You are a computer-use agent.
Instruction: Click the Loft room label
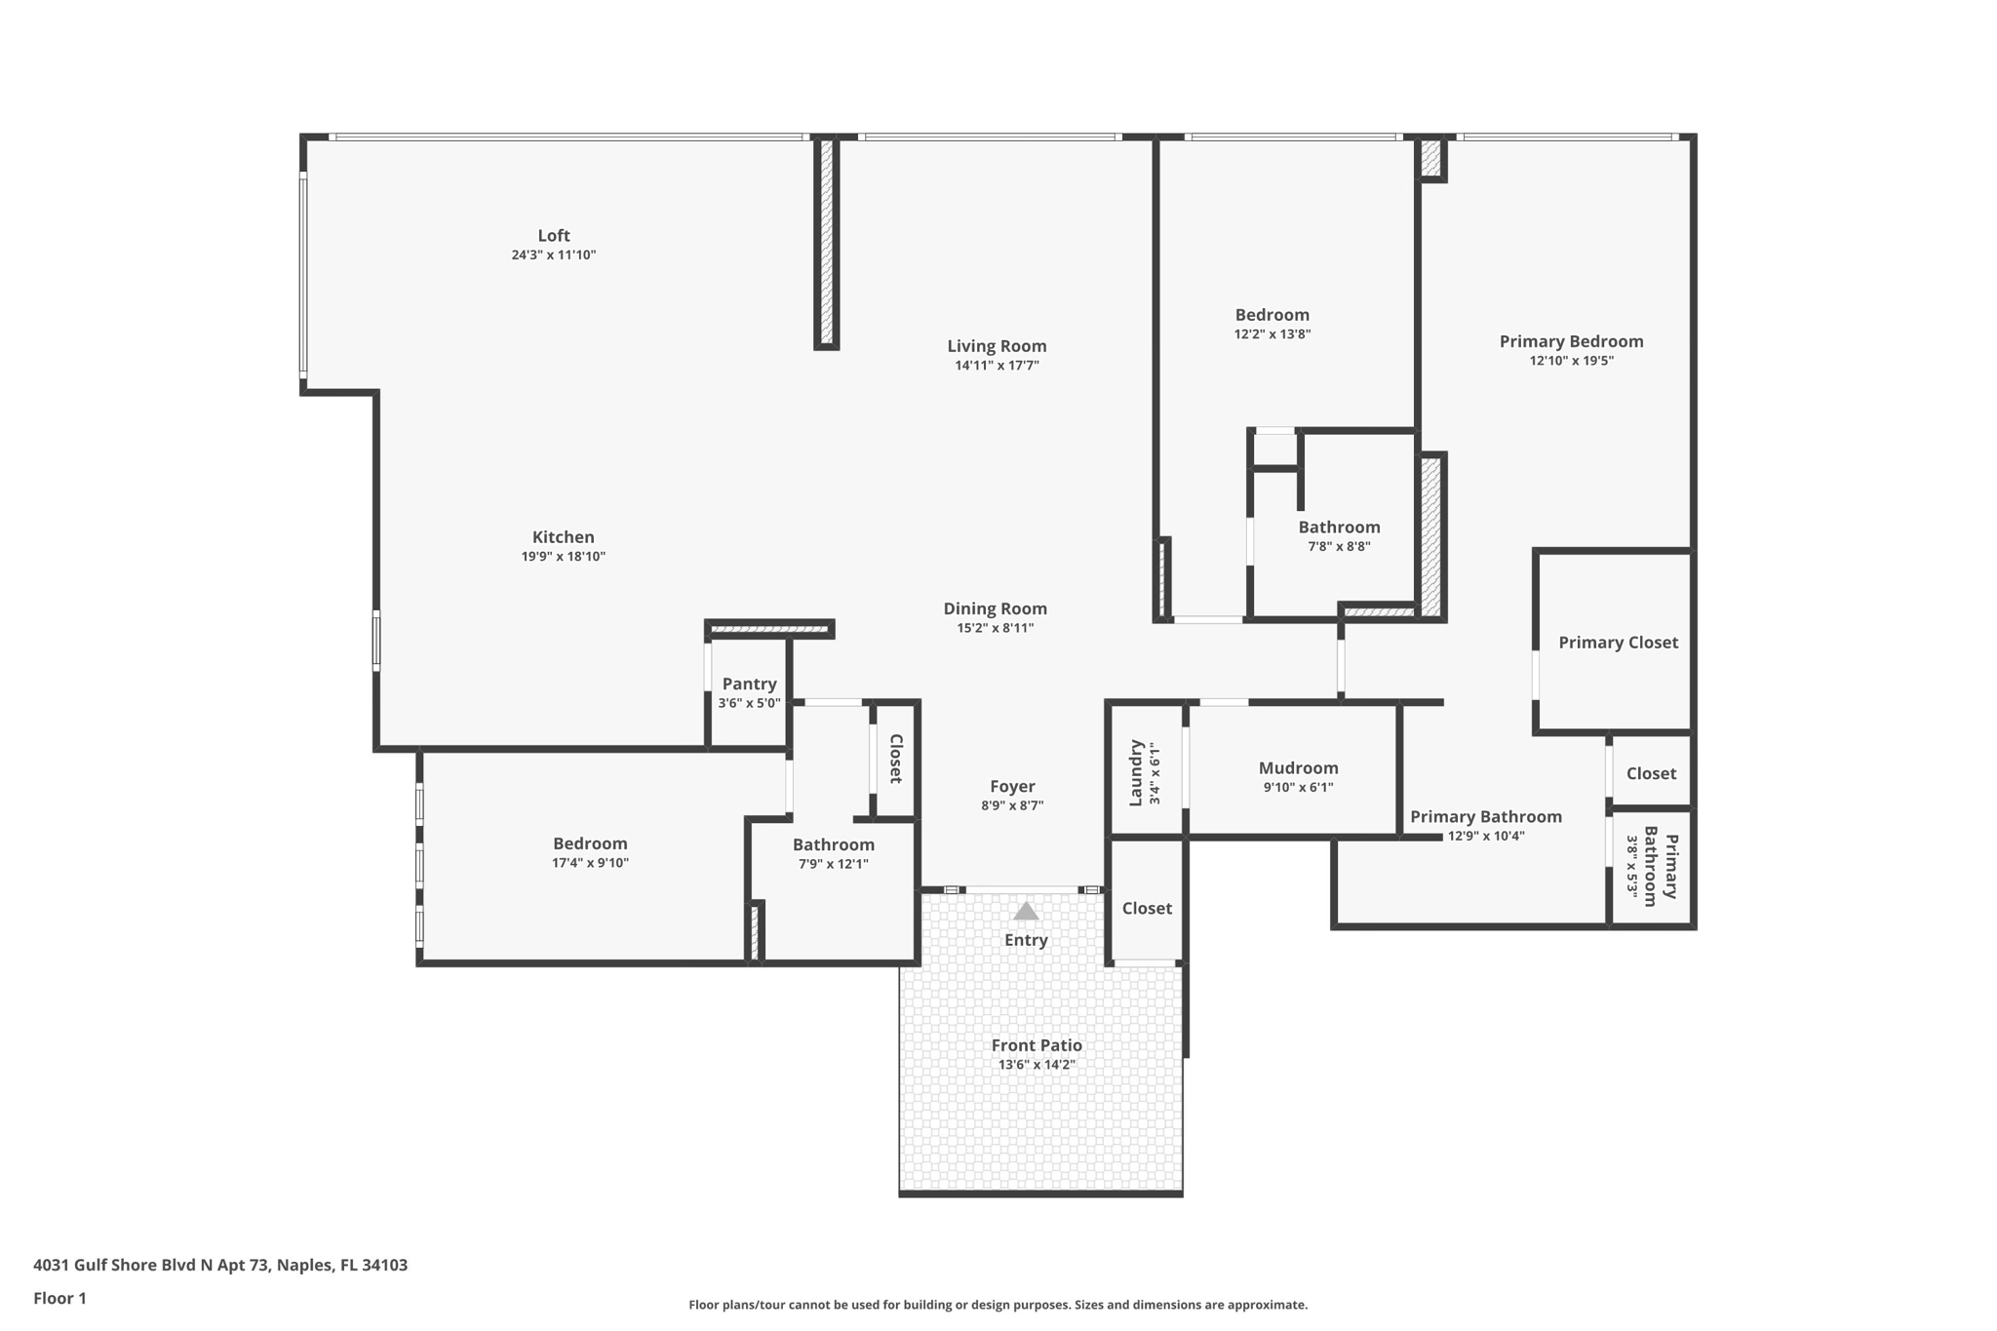(x=553, y=236)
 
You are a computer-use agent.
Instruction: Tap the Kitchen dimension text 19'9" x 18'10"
(x=563, y=557)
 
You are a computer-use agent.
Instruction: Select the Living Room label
(x=997, y=346)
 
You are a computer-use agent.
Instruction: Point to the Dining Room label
(x=995, y=608)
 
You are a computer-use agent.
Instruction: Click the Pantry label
(x=749, y=685)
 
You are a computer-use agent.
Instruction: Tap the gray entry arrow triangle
(x=1026, y=912)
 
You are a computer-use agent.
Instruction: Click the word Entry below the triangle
(x=1026, y=940)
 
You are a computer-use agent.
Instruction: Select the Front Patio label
(x=1037, y=1045)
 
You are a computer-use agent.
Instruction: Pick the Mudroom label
(x=1298, y=768)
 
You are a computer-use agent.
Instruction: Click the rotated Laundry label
(x=1136, y=773)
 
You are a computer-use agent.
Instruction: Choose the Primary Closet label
(x=1618, y=643)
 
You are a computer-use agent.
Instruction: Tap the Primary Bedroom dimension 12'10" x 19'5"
(x=1571, y=361)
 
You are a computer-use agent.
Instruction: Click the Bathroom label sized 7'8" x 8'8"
(x=1339, y=528)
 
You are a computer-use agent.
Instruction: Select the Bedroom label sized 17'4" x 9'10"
(x=590, y=844)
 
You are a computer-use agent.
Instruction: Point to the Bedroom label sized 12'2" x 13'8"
(x=1272, y=315)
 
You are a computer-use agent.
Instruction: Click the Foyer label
(x=1012, y=787)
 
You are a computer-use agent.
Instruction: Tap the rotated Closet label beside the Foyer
(x=895, y=759)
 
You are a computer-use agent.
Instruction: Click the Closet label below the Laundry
(x=1147, y=909)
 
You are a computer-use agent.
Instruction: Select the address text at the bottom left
(x=220, y=1265)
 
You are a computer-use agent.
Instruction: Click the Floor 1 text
(x=59, y=1298)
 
